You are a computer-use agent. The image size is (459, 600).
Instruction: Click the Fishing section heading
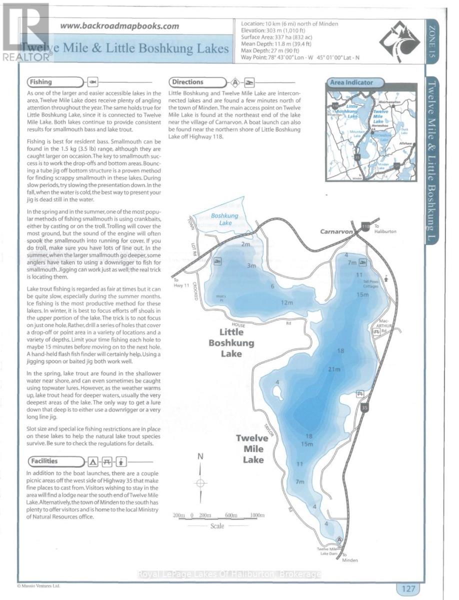point(41,82)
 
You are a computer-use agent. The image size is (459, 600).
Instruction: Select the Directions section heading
point(187,82)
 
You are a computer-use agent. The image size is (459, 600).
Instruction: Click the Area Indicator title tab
point(350,82)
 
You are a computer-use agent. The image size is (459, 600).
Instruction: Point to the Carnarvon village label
point(336,232)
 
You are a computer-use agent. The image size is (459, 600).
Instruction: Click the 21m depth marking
point(334,369)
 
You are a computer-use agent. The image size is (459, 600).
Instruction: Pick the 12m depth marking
point(286,302)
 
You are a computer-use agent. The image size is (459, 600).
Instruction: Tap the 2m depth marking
point(245,244)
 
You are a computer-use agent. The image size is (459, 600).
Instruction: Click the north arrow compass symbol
point(200,483)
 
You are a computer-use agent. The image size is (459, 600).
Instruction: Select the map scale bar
point(218,515)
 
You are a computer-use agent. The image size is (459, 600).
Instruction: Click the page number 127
point(408,588)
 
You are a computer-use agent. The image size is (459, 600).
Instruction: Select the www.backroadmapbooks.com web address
point(119,26)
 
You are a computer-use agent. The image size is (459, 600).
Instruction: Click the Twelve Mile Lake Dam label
point(328,551)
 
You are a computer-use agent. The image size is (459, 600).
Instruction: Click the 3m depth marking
point(251,265)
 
